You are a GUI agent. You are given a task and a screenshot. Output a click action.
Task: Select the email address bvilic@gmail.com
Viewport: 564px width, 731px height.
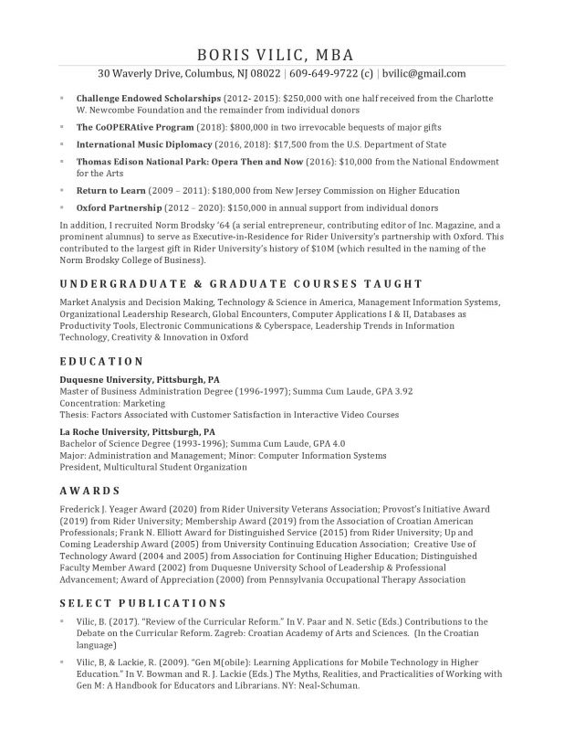(x=425, y=74)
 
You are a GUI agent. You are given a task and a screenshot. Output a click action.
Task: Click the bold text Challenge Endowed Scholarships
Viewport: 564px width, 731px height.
(x=149, y=97)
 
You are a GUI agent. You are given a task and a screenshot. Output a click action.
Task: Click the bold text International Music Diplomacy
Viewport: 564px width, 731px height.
(x=144, y=144)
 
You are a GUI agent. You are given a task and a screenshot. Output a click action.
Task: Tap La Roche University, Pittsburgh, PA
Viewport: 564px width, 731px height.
(x=137, y=431)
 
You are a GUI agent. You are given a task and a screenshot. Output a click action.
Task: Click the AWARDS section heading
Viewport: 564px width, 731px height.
(x=89, y=491)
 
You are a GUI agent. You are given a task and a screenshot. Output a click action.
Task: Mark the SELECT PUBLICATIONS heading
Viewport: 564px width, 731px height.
(x=142, y=603)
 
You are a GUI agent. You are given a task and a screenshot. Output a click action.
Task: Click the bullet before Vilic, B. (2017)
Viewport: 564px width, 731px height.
(x=62, y=621)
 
